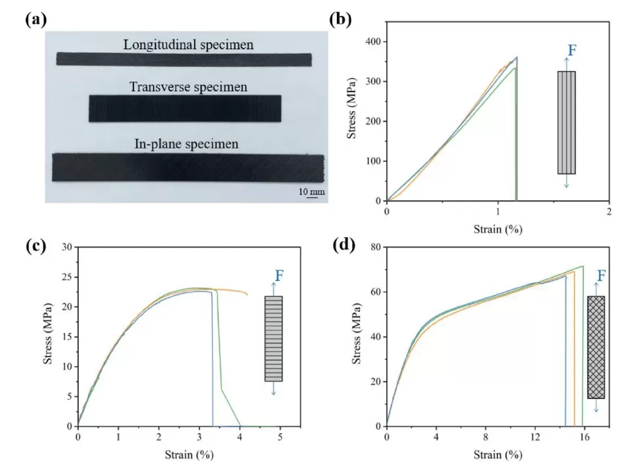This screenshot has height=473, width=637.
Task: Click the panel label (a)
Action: pyautogui.click(x=36, y=19)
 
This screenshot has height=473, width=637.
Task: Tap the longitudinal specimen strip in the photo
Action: pyautogui.click(x=184, y=59)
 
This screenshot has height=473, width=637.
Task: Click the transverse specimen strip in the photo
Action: pyautogui.click(x=184, y=109)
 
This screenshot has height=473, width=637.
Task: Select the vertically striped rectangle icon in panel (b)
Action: pyautogui.click(x=566, y=122)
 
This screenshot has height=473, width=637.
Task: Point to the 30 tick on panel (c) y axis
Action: pyautogui.click(x=67, y=247)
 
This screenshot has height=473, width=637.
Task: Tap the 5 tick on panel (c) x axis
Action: pyautogui.click(x=280, y=437)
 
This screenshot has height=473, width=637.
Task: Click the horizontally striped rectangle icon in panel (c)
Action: pyautogui.click(x=274, y=338)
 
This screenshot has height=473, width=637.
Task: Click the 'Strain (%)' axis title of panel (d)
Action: pyautogui.click(x=497, y=455)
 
